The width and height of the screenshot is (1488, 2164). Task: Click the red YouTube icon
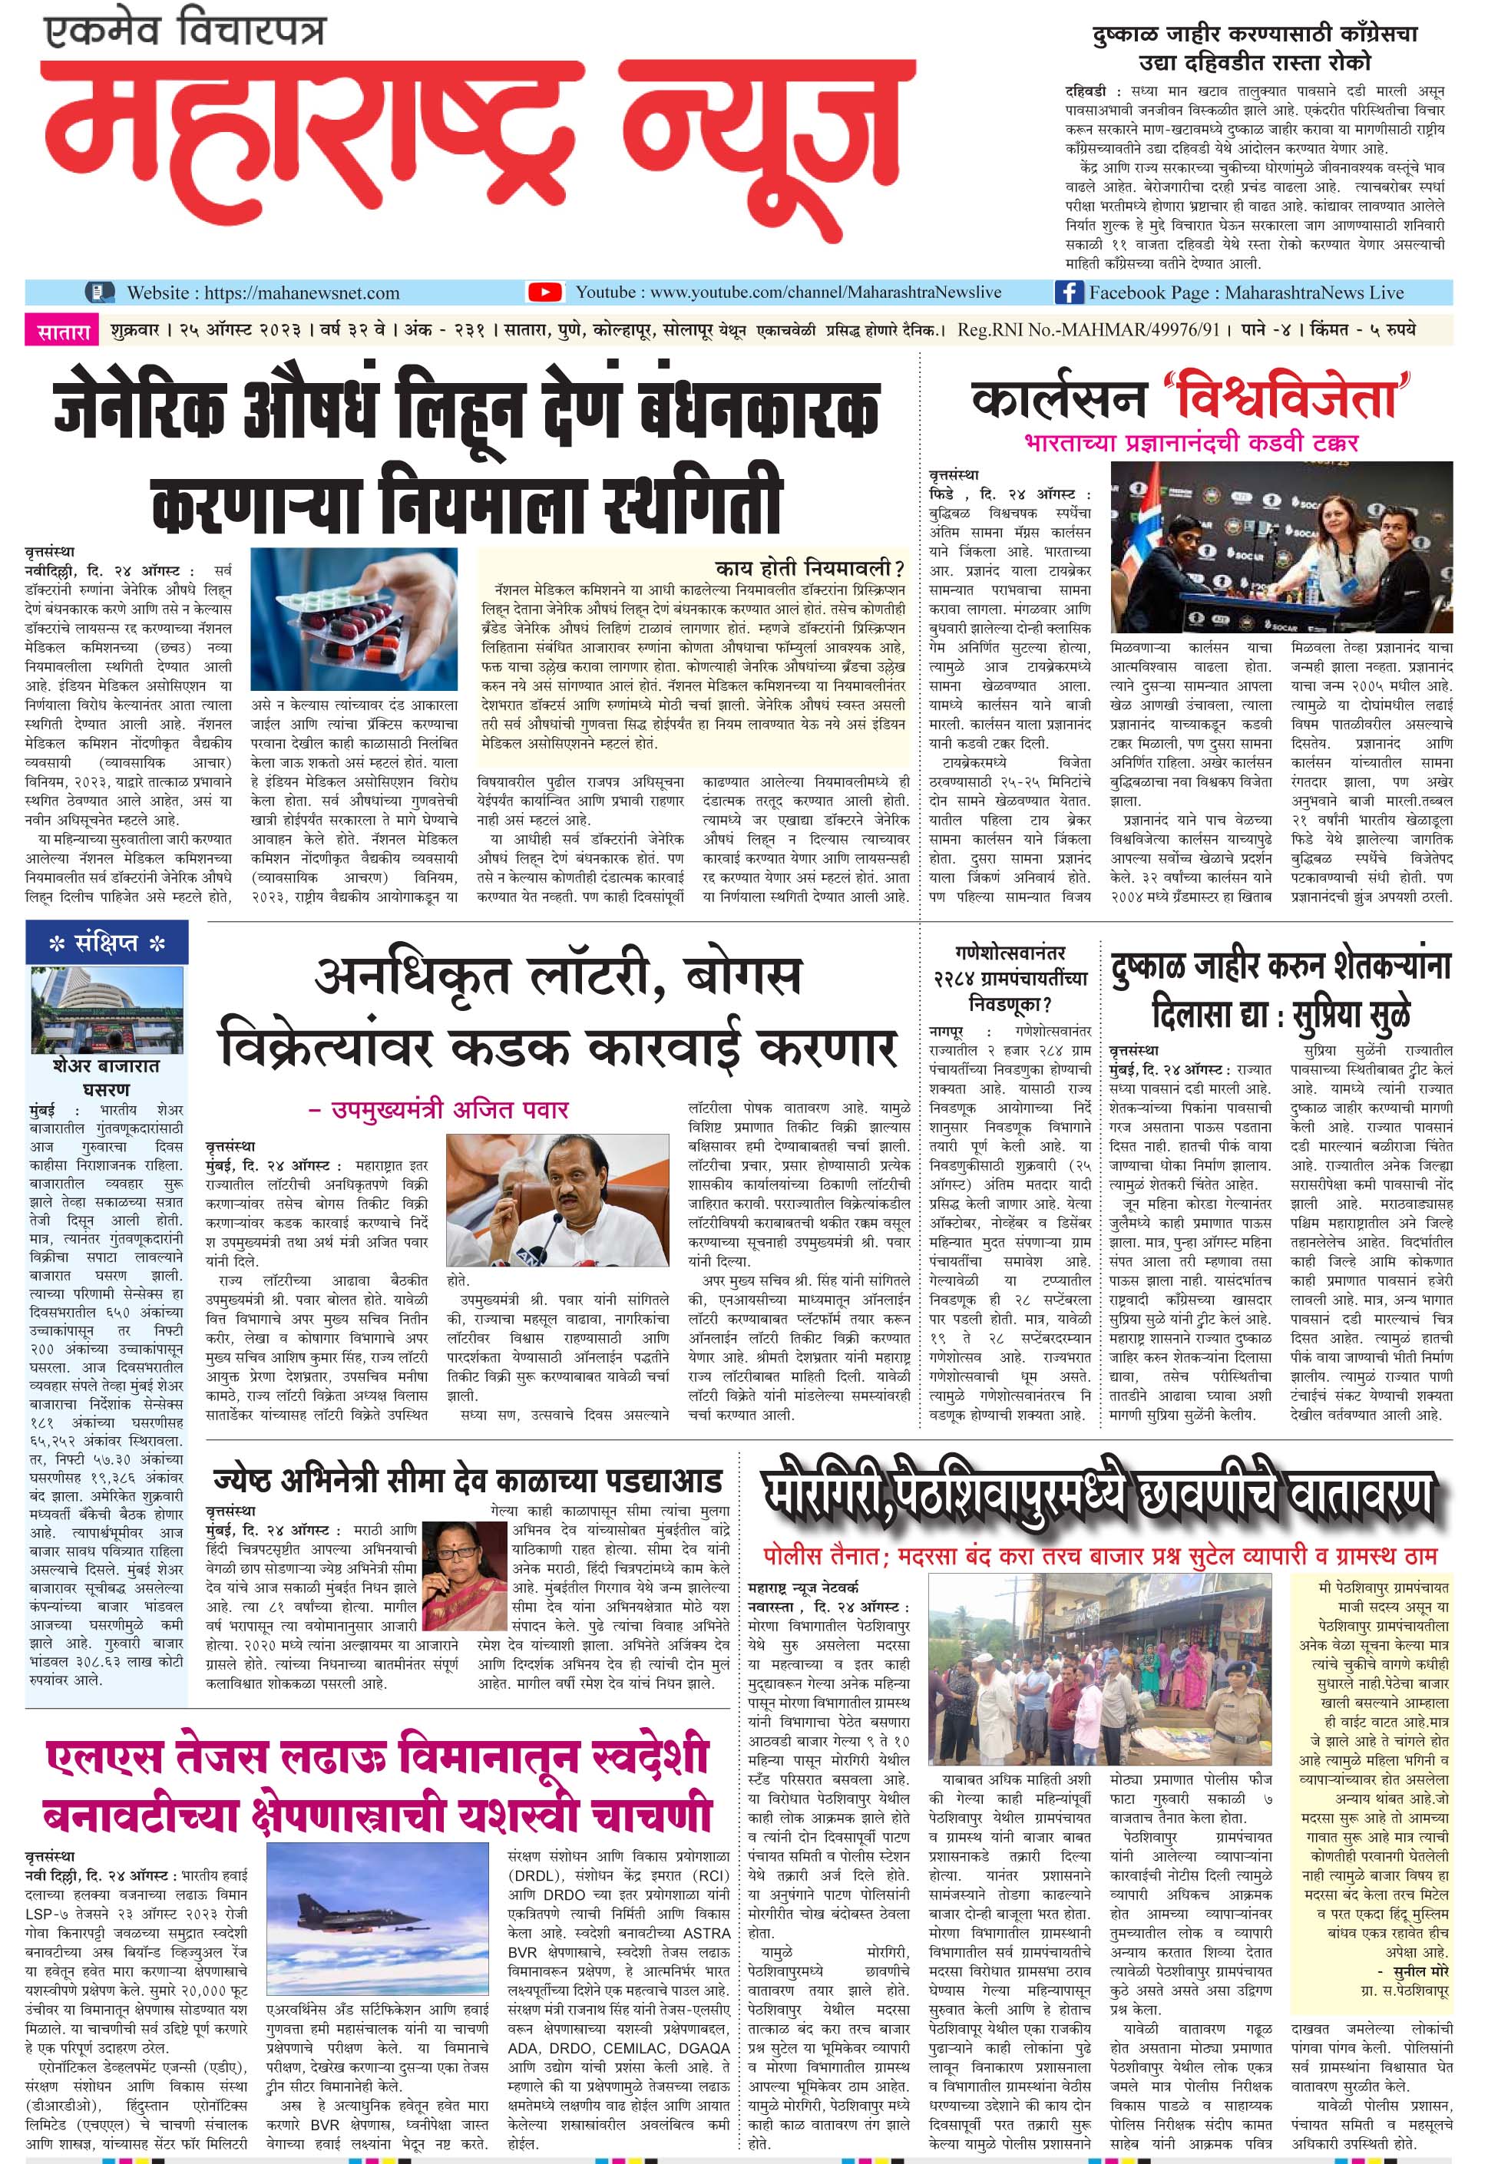544,292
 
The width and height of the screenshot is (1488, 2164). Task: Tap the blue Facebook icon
1069,292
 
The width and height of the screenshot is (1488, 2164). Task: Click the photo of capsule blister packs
354,619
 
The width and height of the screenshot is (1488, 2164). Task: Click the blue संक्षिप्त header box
107,943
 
